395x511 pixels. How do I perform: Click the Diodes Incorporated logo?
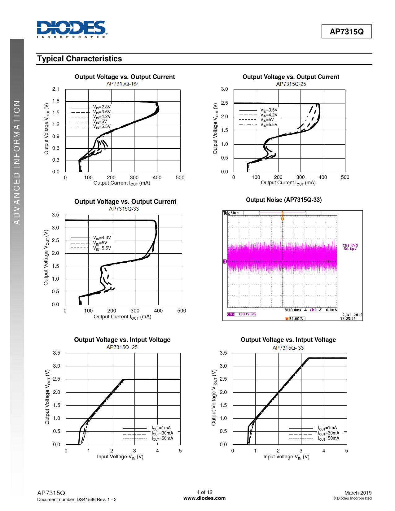click(x=72, y=29)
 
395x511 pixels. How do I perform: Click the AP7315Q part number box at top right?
click(x=346, y=32)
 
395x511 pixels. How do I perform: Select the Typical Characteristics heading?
click(x=80, y=59)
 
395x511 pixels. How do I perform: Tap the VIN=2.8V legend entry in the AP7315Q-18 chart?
click(x=102, y=107)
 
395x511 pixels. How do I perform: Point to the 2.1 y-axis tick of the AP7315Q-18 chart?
click(x=56, y=89)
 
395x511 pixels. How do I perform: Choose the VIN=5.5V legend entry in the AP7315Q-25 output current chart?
click(x=269, y=125)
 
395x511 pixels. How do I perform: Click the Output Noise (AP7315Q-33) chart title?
click(x=284, y=200)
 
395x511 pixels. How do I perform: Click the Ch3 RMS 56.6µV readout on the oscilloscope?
click(x=350, y=247)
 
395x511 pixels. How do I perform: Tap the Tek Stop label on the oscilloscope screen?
click(x=231, y=213)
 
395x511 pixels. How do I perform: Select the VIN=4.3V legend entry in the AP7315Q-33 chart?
click(x=102, y=238)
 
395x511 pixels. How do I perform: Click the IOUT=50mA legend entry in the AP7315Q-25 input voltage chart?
click(x=162, y=439)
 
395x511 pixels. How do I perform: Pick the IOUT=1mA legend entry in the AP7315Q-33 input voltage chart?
click(x=327, y=428)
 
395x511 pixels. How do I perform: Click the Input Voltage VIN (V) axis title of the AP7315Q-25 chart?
click(x=120, y=457)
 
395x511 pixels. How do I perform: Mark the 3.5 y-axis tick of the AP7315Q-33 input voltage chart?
click(x=223, y=353)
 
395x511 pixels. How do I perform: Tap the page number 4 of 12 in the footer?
click(x=204, y=492)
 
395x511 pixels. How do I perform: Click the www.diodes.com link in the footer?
click(x=204, y=498)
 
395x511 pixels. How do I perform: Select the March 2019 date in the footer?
click(x=358, y=493)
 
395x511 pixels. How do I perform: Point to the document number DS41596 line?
click(x=77, y=500)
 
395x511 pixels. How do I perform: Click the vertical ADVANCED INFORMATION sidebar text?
click(x=17, y=163)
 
